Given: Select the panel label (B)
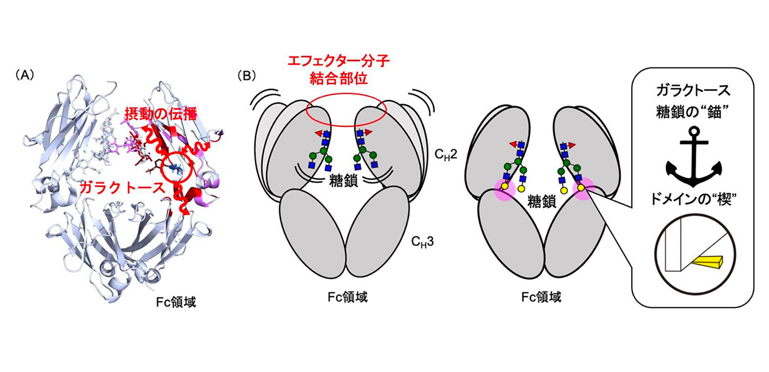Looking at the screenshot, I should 247,75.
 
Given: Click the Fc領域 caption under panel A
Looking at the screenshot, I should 173,302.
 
